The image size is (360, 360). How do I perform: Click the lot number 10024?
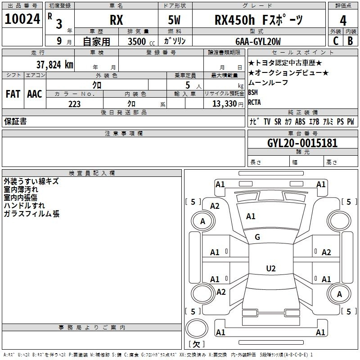[x=22, y=19]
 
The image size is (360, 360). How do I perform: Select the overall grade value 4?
[x=343, y=20]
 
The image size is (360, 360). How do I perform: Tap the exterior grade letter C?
[x=336, y=41]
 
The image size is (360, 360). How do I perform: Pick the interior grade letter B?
[x=351, y=41]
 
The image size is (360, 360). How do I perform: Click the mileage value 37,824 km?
[x=55, y=65]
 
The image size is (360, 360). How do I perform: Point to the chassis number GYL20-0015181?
[x=302, y=143]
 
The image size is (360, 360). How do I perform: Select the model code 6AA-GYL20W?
[x=258, y=41]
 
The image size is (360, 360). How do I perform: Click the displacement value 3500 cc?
[x=141, y=41]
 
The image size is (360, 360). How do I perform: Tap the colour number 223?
[x=74, y=104]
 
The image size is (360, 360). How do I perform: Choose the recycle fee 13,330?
[x=224, y=103]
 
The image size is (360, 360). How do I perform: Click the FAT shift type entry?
[x=13, y=94]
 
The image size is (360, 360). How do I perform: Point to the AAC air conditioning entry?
[x=35, y=94]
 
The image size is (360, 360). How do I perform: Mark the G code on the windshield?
[x=257, y=237]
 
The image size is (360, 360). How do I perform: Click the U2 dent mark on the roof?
[x=271, y=268]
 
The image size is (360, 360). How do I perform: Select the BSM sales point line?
[x=253, y=92]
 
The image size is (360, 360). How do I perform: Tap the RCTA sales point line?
[x=254, y=102]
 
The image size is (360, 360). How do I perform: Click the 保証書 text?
[x=15, y=121]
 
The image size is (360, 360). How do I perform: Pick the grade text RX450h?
[x=234, y=20]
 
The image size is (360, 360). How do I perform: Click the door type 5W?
[x=174, y=20]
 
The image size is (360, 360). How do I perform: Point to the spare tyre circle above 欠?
[x=197, y=328]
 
